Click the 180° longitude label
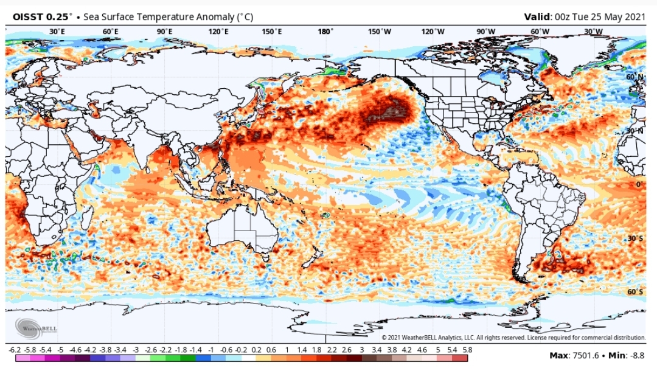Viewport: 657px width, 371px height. (x=325, y=32)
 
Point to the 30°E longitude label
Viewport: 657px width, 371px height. (x=57, y=32)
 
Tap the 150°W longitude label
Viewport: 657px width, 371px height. (x=380, y=32)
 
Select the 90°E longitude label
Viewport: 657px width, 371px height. (x=165, y=32)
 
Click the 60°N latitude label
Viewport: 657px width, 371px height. (x=634, y=77)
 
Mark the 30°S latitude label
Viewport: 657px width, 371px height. (x=635, y=238)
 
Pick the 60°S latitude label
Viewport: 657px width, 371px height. (x=635, y=291)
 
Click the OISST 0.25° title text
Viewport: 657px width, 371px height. (x=42, y=17)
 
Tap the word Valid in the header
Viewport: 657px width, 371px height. (x=537, y=17)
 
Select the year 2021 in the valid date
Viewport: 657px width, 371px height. (x=634, y=17)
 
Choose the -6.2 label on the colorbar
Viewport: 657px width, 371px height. (x=15, y=350)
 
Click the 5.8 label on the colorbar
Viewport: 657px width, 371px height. (x=467, y=350)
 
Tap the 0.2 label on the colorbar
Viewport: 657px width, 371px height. (x=256, y=350)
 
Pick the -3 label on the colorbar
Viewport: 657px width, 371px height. (x=135, y=350)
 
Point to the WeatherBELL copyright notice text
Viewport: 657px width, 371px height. (x=513, y=338)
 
